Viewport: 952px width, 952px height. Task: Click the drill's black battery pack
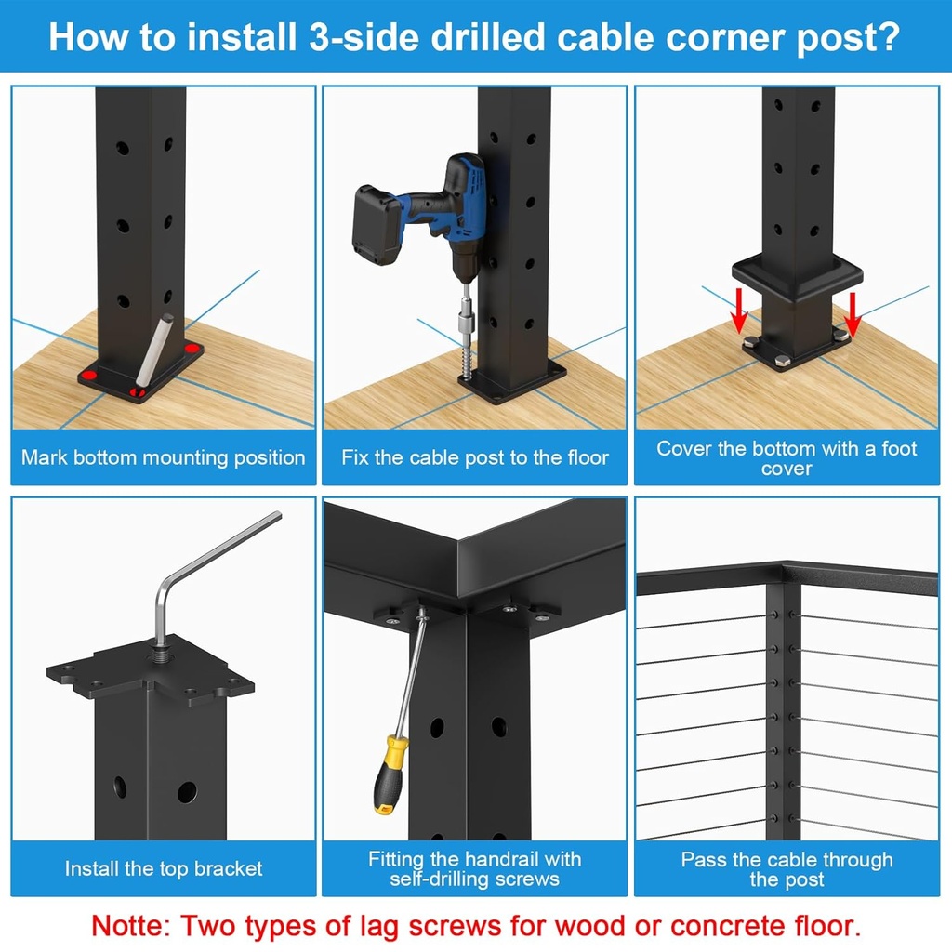coord(378,223)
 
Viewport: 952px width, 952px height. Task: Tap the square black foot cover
coord(797,276)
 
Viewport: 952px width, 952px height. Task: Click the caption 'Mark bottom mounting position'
coord(164,457)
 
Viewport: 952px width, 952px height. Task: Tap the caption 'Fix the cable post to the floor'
coord(475,457)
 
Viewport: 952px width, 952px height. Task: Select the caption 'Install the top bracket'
coord(164,868)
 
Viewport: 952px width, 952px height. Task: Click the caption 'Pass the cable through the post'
coord(787,869)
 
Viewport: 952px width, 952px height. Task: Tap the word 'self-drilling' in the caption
coord(439,879)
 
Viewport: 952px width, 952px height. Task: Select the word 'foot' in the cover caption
coord(899,448)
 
